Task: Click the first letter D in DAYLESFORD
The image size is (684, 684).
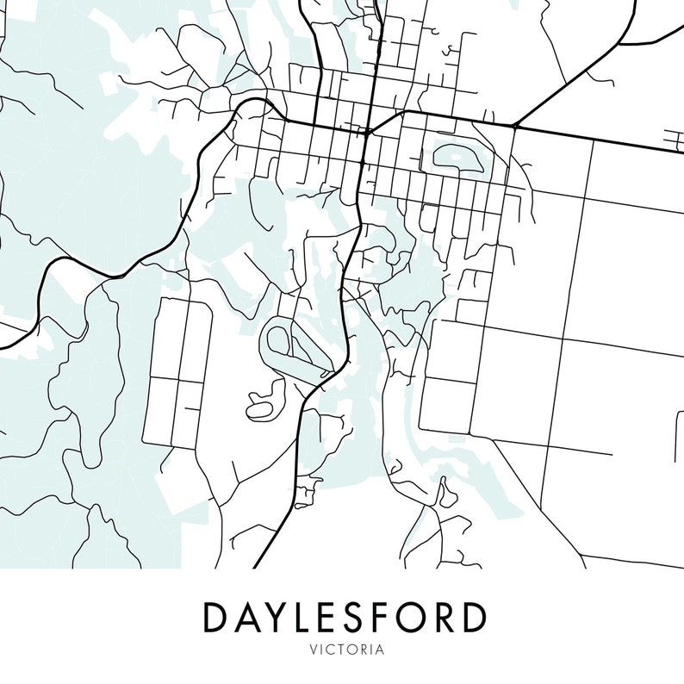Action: pyautogui.click(x=215, y=617)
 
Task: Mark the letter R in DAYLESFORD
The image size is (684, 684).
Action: pyautogui.click(x=447, y=617)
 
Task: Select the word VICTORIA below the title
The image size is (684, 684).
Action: pyautogui.click(x=343, y=650)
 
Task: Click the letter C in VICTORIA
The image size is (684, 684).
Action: pyautogui.click(x=326, y=650)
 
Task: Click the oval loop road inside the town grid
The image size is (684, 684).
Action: pyautogui.click(x=457, y=156)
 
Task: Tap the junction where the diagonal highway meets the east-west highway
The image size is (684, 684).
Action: pyautogui.click(x=514, y=127)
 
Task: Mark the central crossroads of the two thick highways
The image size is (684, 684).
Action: pyautogui.click(x=368, y=133)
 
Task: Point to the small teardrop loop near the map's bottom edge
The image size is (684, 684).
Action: pyautogui.click(x=445, y=496)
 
